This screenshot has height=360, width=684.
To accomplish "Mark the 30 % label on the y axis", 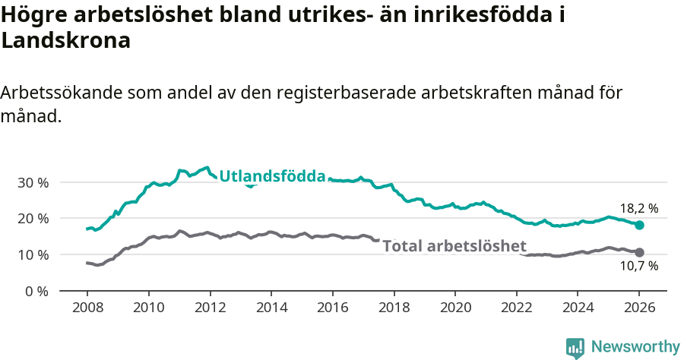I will [x=33, y=182].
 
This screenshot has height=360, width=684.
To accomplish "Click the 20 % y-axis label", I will [x=33, y=219].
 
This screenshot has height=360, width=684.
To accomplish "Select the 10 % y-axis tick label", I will [x=33, y=254].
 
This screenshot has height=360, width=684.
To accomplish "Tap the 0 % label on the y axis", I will [x=36, y=291].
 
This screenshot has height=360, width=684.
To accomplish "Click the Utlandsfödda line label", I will [x=272, y=177].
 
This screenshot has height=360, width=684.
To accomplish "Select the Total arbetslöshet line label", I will [x=454, y=245].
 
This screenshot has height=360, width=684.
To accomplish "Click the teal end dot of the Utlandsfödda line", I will [x=640, y=226].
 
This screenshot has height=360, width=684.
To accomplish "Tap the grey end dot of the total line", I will [x=640, y=252].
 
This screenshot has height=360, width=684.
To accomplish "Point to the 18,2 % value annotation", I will [x=638, y=208].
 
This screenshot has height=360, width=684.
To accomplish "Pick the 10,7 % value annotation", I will [x=638, y=266].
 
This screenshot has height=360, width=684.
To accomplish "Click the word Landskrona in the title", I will [x=66, y=41].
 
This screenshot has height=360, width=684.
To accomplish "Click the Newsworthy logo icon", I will [x=575, y=347].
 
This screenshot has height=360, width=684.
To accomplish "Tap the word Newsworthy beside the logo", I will [x=635, y=347].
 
